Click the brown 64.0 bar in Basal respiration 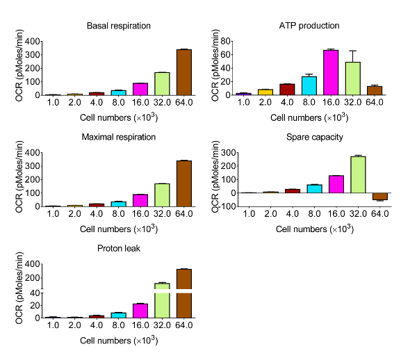[x=183, y=72]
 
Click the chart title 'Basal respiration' [x=119, y=26]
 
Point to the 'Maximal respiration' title [x=119, y=138]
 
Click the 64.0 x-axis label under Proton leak [x=183, y=325]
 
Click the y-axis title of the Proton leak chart [x=19, y=291]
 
